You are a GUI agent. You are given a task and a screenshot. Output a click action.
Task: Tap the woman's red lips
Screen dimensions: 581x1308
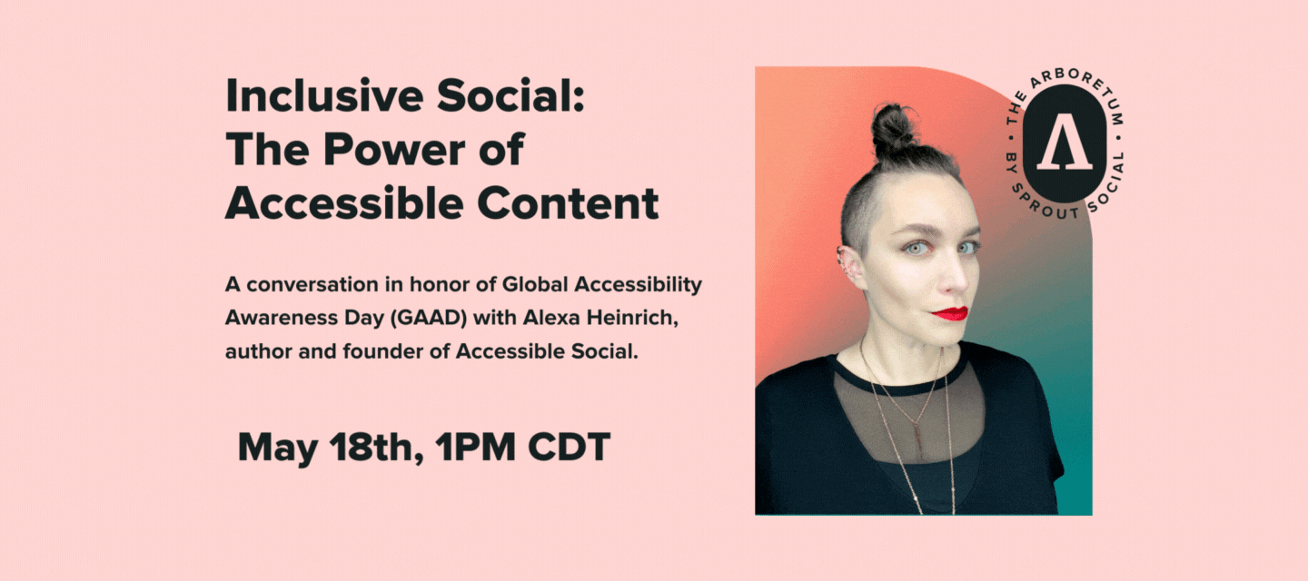point(950,314)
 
